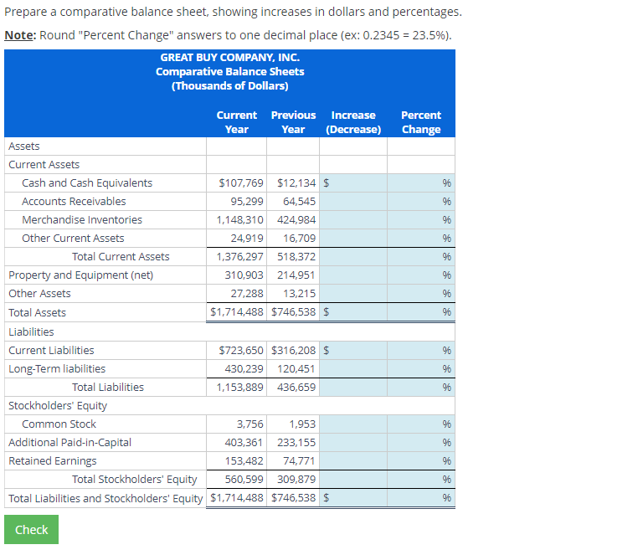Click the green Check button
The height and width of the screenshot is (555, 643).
click(31, 529)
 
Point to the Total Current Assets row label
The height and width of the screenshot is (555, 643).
click(121, 256)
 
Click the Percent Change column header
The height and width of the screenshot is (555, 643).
click(421, 122)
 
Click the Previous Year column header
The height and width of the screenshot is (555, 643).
click(293, 122)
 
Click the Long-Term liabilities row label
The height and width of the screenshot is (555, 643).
click(57, 368)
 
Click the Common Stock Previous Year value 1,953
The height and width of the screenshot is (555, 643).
click(302, 424)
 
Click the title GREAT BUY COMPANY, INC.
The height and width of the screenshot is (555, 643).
click(229, 58)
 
